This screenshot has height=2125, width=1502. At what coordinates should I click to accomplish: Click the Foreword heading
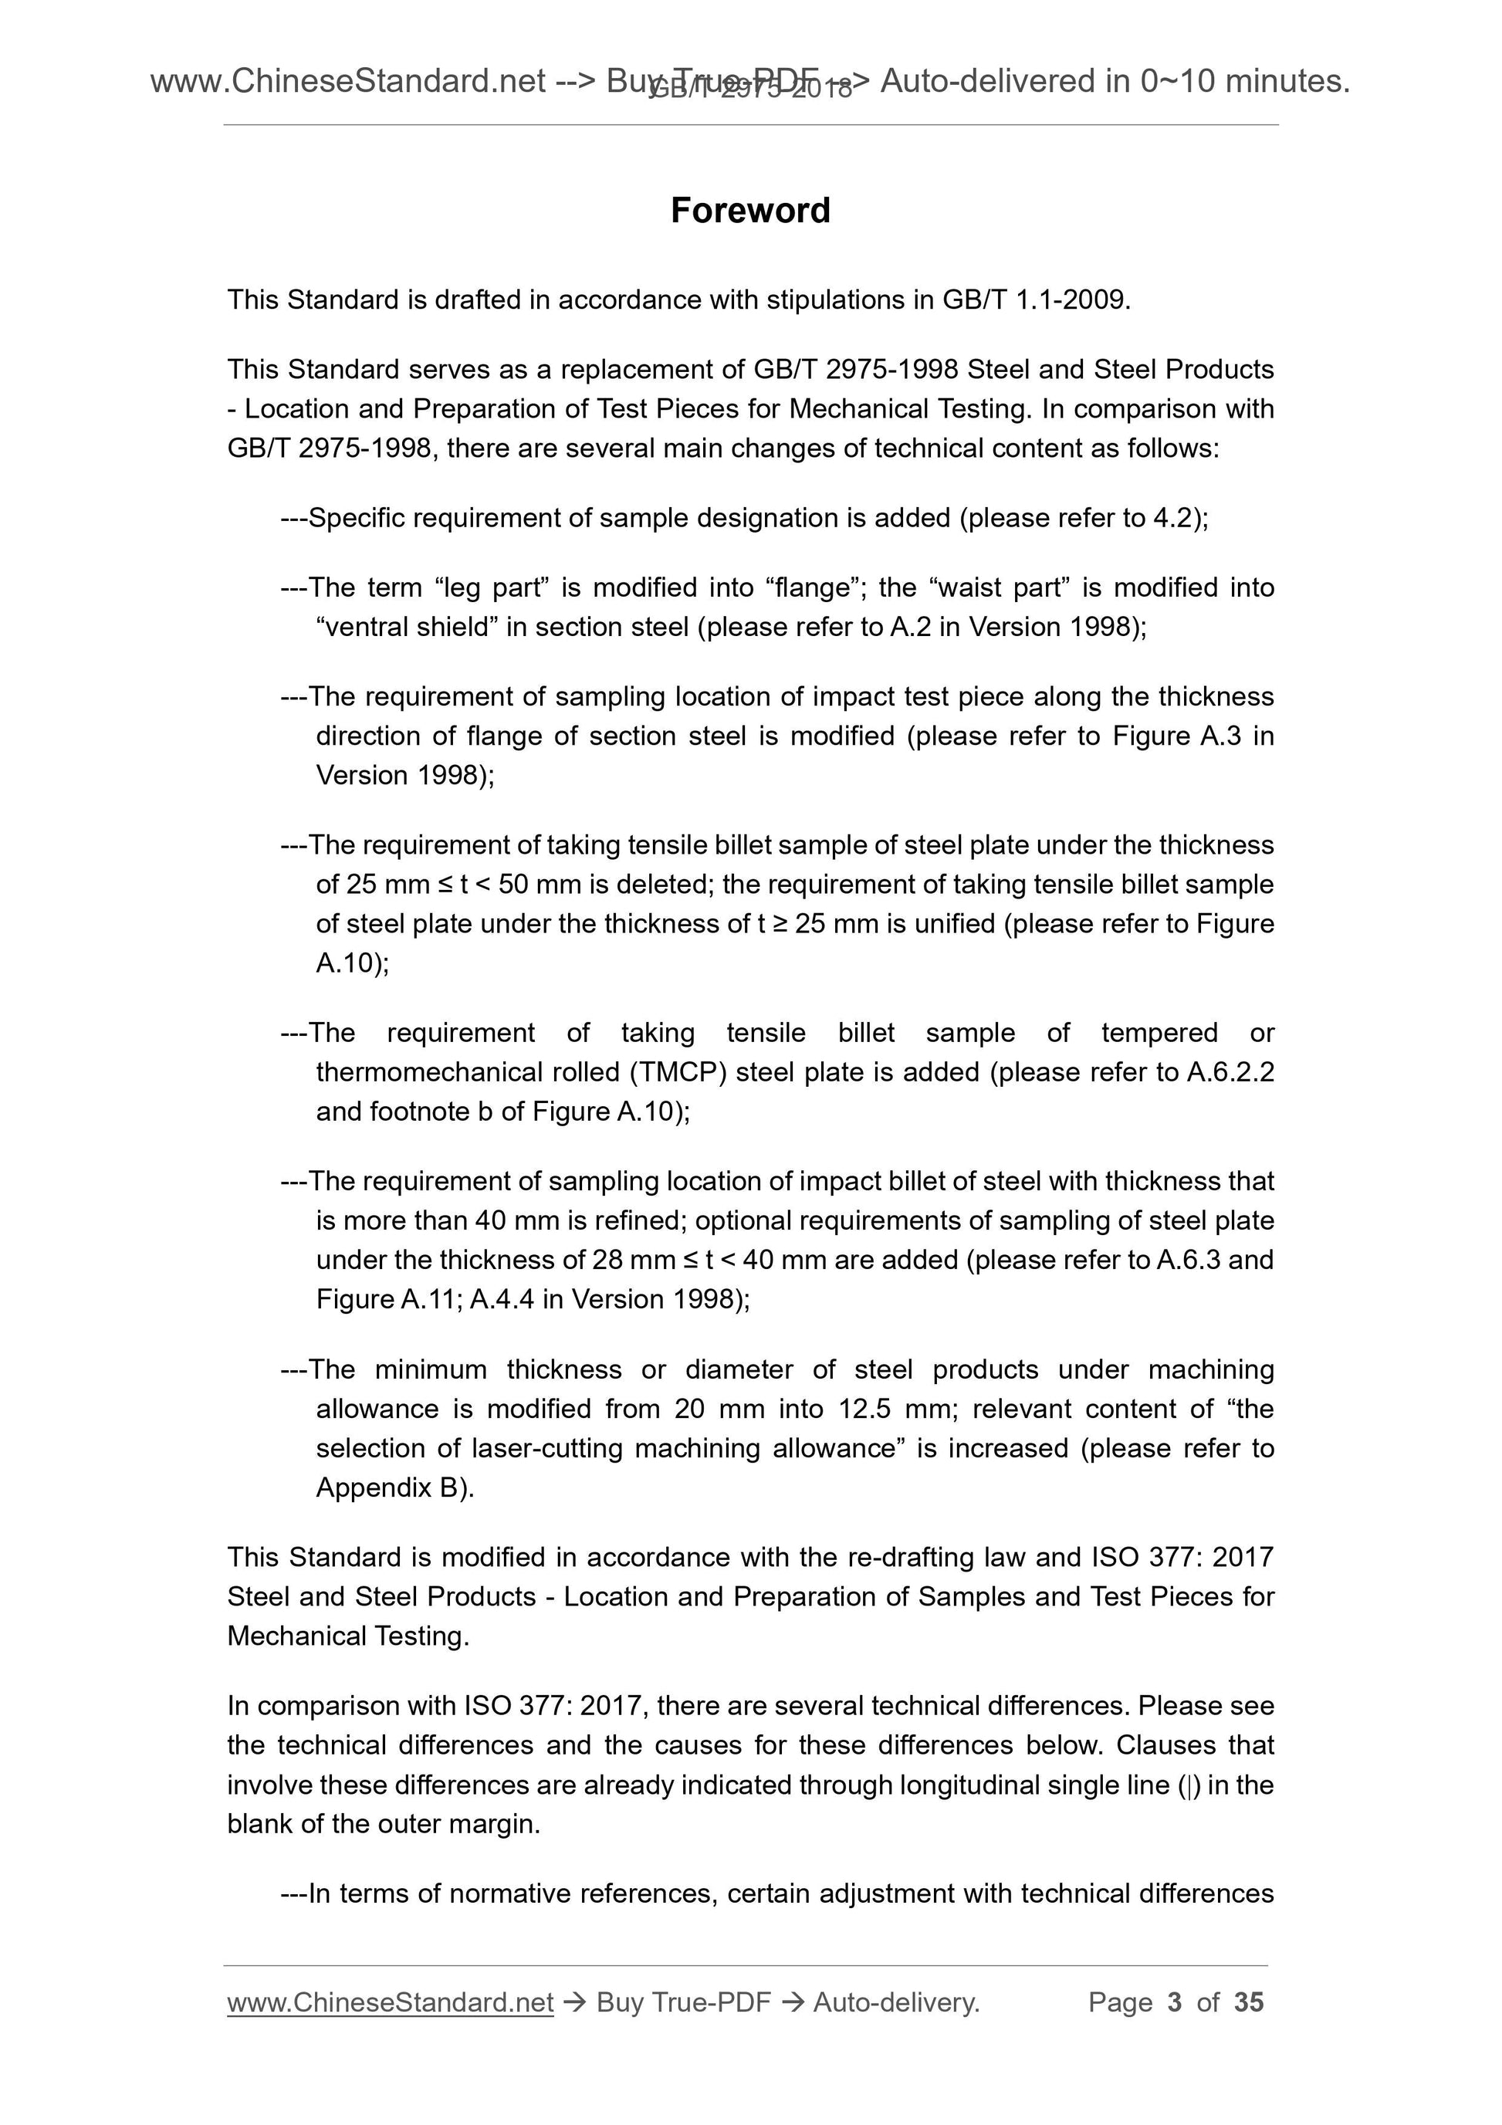pos(749,210)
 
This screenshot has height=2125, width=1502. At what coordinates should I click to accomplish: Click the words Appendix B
pos(387,1488)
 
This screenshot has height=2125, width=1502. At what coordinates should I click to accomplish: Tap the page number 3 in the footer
pos(1175,2003)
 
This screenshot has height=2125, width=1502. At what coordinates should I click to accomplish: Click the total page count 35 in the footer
pos(1248,2003)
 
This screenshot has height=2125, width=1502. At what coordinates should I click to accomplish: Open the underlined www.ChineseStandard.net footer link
pos(390,2003)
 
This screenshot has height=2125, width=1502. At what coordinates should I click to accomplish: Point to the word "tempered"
pos(1159,1033)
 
